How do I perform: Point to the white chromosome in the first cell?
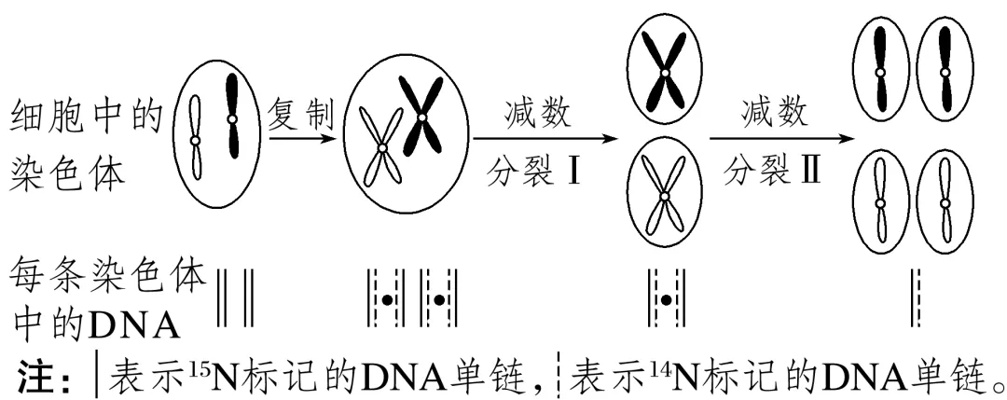196,139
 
